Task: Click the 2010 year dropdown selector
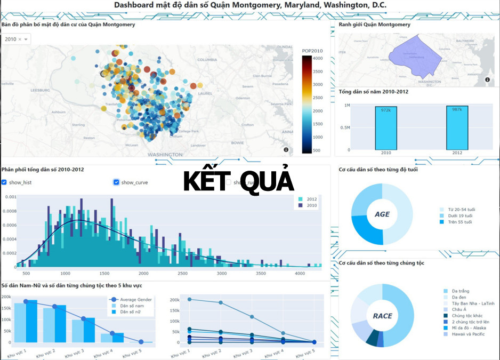tap(17, 39)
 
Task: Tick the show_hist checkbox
tap(4, 182)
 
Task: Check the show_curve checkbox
tap(116, 182)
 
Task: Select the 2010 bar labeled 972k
tap(385, 128)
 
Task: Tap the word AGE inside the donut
tap(382, 214)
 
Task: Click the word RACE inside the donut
tap(382, 316)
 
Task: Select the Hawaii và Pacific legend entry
tap(468, 334)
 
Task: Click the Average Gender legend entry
tap(135, 300)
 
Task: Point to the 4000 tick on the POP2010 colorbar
tap(317, 58)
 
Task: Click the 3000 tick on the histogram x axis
tap(222, 273)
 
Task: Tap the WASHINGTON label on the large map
tap(165, 155)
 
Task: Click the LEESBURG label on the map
tap(40, 90)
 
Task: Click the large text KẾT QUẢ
tap(238, 181)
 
